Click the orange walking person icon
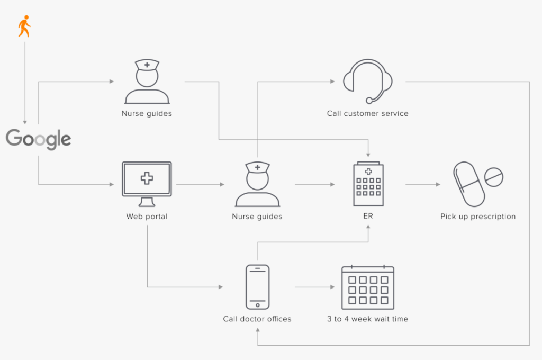(24, 26)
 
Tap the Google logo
(39, 139)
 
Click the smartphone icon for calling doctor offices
(258, 286)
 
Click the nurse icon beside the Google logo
(147, 82)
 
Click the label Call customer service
(368, 113)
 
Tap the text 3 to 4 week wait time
(368, 319)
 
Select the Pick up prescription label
(478, 216)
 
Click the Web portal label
(147, 216)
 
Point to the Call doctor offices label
(257, 319)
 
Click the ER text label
(368, 216)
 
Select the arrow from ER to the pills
(422, 184)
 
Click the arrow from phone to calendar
(315, 287)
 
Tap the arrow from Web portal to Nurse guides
(200, 184)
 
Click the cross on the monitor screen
(147, 178)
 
